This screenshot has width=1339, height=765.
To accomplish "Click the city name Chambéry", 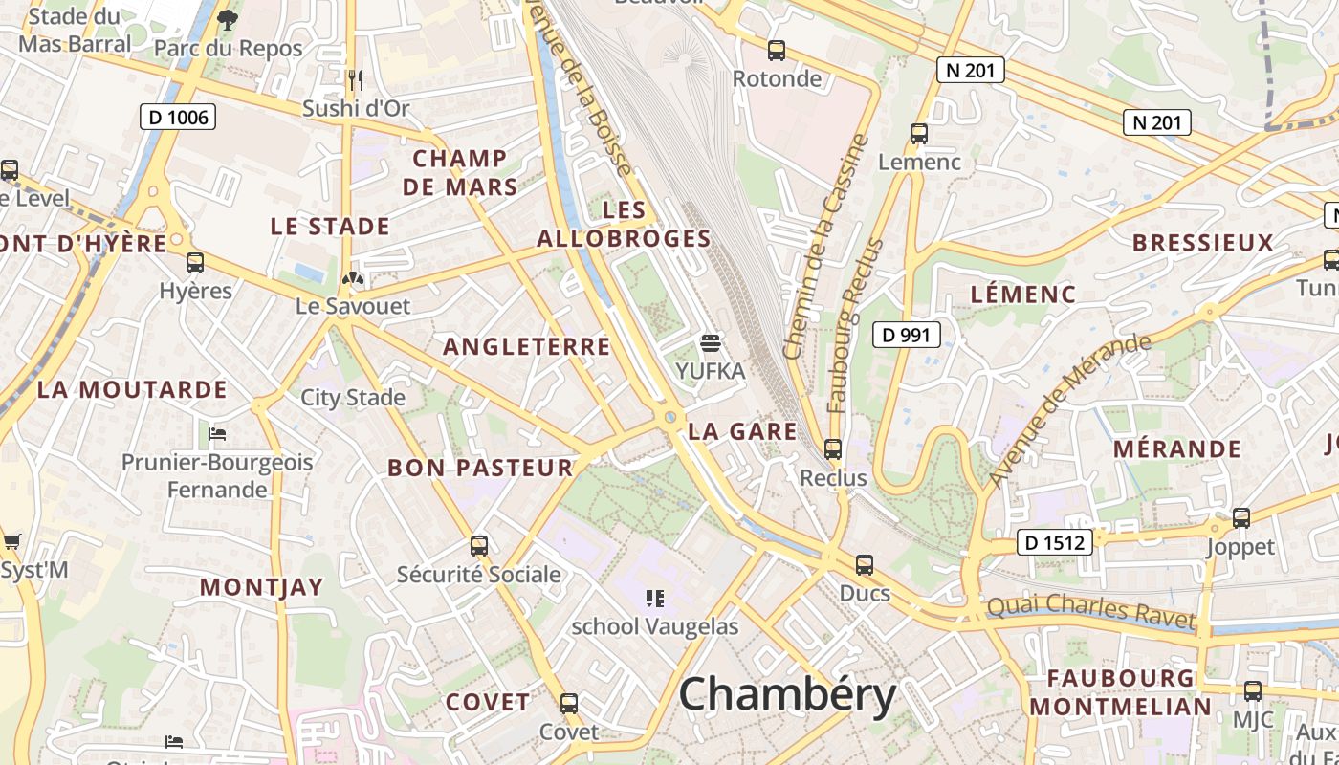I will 787,695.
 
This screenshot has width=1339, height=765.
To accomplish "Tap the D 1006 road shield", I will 177,118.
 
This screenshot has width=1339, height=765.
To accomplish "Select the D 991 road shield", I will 907,335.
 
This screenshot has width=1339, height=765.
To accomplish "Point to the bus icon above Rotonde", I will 777,51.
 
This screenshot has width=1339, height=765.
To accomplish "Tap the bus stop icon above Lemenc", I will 919,134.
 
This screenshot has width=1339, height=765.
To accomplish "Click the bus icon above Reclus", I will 833,448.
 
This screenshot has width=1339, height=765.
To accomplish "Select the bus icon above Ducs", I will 865,565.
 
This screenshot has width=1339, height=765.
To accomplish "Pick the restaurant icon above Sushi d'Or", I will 356,79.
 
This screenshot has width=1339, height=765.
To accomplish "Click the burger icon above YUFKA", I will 710,342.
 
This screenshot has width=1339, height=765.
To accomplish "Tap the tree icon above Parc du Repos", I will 228,19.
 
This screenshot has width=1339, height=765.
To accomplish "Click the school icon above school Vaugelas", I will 655,599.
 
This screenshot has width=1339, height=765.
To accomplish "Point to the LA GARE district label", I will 742,431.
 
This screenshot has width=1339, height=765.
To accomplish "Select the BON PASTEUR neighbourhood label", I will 480,468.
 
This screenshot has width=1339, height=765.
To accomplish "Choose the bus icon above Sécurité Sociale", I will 479,546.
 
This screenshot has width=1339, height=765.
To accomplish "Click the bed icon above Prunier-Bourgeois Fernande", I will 217,434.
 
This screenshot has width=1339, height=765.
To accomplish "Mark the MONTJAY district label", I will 261,587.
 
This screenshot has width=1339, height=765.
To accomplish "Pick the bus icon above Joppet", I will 1241,518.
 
